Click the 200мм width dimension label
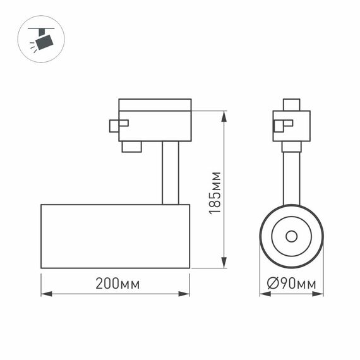[117, 284]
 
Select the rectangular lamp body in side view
[115, 236]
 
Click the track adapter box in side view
[155, 120]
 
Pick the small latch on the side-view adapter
[118, 125]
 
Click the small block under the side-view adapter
[131, 147]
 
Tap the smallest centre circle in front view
[291, 236]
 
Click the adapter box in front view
[292, 126]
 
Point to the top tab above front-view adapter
[291, 104]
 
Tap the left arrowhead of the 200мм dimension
[45, 293]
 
